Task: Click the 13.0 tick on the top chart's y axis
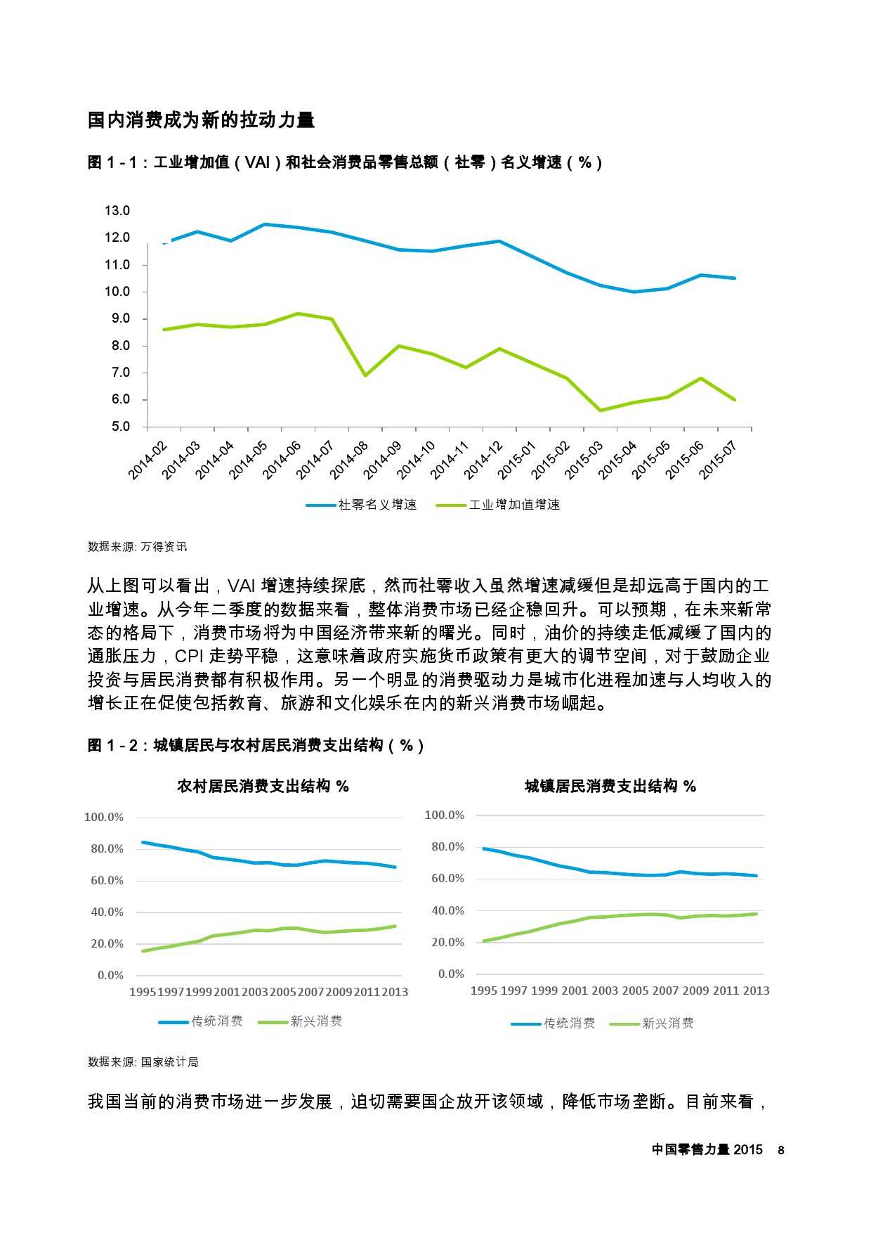coord(117,211)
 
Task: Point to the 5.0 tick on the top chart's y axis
coord(117,427)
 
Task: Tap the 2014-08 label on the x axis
coord(349,460)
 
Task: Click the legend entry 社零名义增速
coord(378,505)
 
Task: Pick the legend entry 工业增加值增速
coord(514,505)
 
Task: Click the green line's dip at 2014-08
coord(365,375)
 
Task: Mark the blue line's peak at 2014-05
coord(265,224)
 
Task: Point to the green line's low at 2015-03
coord(601,411)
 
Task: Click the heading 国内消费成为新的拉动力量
coord(201,120)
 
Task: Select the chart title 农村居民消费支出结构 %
coord(263,787)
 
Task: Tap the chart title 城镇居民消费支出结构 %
coord(610,787)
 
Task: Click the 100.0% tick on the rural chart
coord(104,817)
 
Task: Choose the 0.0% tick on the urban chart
coord(451,974)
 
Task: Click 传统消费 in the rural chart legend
coord(217,1021)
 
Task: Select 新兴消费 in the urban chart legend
coord(668,1024)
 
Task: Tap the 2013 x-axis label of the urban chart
coord(757,990)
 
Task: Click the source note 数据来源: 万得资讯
coord(138,547)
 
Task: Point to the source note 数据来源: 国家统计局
coord(143,1062)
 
